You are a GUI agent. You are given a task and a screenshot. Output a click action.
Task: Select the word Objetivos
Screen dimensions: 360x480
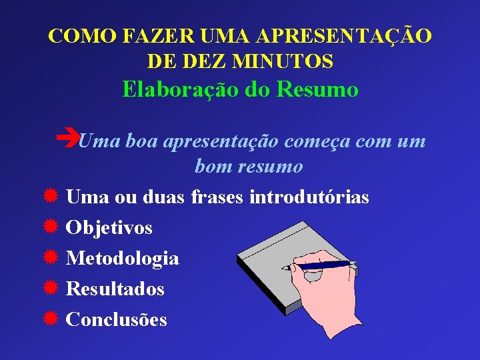[109, 228]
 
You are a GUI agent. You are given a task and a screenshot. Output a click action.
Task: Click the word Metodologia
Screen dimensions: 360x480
[123, 258]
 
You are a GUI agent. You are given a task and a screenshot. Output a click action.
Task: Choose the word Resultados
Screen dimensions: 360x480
[115, 289]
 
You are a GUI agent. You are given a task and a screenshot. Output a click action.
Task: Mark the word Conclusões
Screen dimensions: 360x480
[117, 319]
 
